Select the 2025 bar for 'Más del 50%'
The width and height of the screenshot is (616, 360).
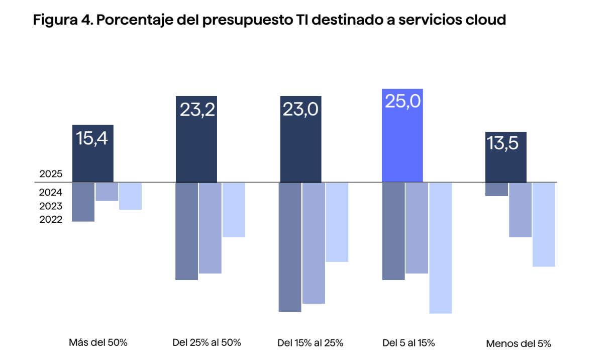click(x=93, y=153)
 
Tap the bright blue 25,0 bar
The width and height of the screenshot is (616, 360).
click(x=402, y=136)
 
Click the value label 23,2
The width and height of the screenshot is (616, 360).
click(x=196, y=110)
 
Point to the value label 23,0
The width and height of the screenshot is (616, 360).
click(x=300, y=110)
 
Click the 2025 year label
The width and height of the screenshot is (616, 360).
click(x=51, y=174)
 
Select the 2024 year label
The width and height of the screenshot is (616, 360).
click(x=51, y=193)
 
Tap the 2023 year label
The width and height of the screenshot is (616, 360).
click(x=51, y=206)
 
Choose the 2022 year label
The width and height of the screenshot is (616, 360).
click(x=51, y=219)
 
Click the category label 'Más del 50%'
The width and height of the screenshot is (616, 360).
click(x=98, y=343)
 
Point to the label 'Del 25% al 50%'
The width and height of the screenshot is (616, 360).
click(x=207, y=343)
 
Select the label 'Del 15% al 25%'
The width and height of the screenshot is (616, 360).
click(x=310, y=343)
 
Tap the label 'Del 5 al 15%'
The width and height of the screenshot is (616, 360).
click(x=408, y=343)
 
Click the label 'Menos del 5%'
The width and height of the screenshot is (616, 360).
click(x=519, y=344)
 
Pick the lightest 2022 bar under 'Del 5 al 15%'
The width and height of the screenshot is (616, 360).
click(x=441, y=248)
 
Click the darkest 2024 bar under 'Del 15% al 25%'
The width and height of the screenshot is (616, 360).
click(x=290, y=247)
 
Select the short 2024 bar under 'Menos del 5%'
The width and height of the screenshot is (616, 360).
click(x=496, y=190)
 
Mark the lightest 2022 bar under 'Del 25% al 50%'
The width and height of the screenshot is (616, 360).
click(x=234, y=210)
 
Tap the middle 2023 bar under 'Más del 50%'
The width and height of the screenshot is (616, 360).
click(x=107, y=192)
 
